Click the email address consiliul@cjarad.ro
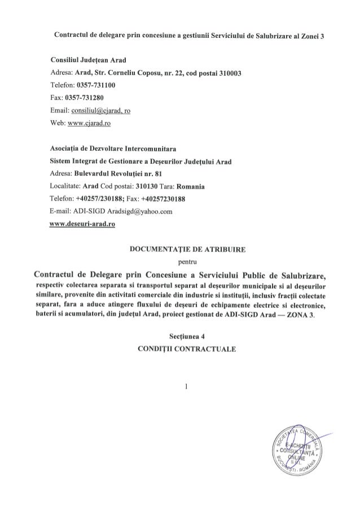[x=100, y=111]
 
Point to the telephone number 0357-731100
[x=91, y=86]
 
